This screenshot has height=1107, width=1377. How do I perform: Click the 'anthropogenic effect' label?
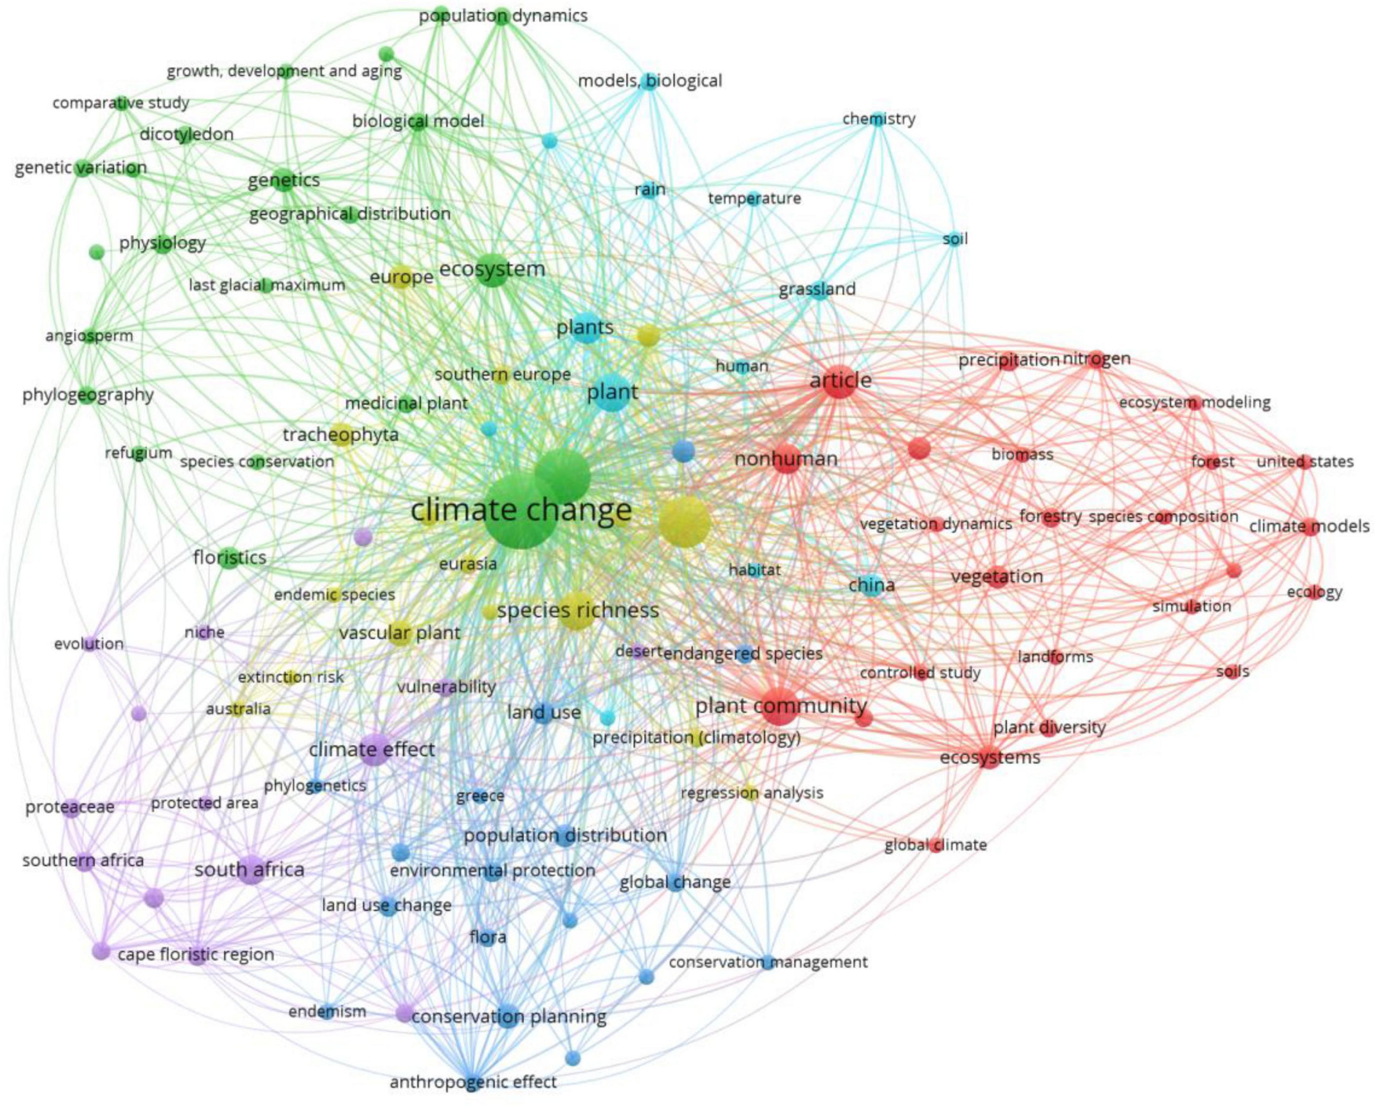pos(473,1081)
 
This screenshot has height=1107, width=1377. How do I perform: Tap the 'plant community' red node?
pos(780,706)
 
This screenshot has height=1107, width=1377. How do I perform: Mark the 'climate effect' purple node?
pos(372,749)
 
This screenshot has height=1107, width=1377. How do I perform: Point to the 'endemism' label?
pos(327,1011)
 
